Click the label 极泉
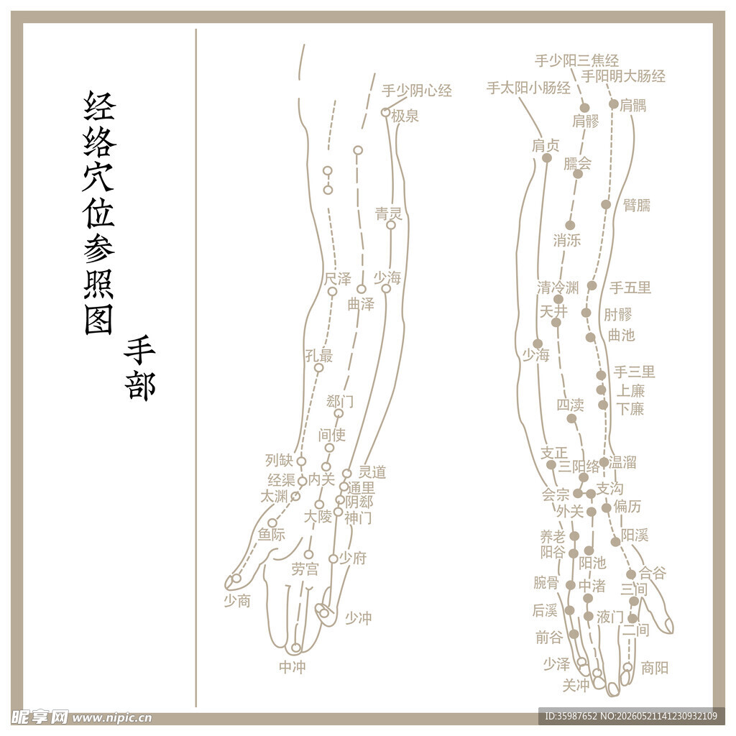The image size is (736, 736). pos(405,116)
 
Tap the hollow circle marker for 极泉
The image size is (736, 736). pos(385,112)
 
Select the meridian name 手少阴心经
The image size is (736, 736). pos(417,90)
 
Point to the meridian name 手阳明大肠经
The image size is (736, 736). pos(623,75)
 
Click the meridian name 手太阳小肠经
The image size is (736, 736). pos(528,88)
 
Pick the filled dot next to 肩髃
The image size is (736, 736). pos(614,103)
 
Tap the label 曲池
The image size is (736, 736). pos(621,335)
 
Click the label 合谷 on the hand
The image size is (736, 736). pos(653,572)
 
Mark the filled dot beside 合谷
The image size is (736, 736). pos(631,574)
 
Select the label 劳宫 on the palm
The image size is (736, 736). pos(305,569)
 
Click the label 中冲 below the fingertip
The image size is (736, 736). pos(293,666)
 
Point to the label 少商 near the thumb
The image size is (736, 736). pos(237,600)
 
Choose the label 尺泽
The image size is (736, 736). pos(338,278)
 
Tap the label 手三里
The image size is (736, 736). pos(634,372)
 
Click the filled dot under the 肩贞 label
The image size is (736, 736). pos(547,157)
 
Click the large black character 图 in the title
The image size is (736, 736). pos(98,320)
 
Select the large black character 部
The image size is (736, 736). pos(140,386)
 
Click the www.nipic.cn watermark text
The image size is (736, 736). pos(112,718)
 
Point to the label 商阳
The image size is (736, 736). pos(655,667)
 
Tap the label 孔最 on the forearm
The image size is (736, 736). pos(318,355)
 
